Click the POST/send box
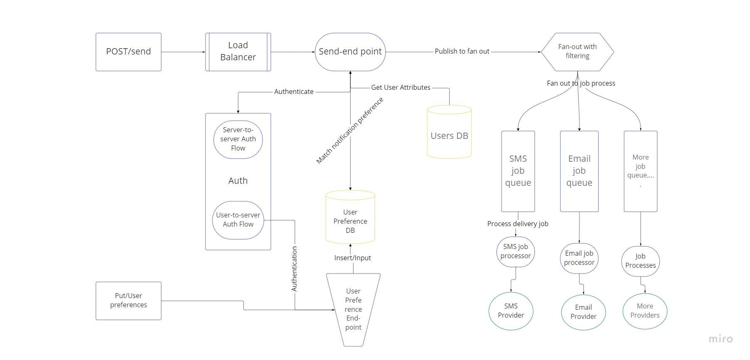(x=128, y=52)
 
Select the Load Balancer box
(x=238, y=52)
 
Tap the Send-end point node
(x=350, y=52)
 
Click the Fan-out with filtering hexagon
(x=577, y=52)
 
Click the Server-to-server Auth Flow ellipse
(x=238, y=139)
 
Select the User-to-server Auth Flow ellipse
(x=238, y=220)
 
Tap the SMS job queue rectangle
(x=518, y=171)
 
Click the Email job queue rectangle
(x=579, y=171)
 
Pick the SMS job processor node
(x=515, y=252)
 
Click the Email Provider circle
(x=583, y=312)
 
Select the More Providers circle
(x=645, y=311)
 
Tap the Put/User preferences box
(x=128, y=301)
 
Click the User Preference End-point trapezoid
(x=353, y=309)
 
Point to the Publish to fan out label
(x=462, y=52)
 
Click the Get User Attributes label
(x=401, y=88)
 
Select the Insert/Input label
(x=352, y=258)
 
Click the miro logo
(x=720, y=339)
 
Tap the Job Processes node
(x=640, y=261)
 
